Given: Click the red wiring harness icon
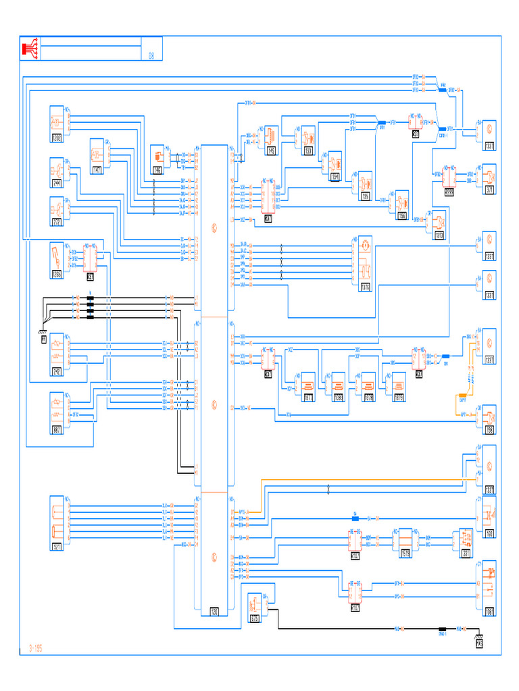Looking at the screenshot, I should pyautogui.click(x=30, y=48).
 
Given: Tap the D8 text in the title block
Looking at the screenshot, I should pyautogui.click(x=151, y=56).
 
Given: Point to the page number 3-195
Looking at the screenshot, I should pyautogui.click(x=35, y=648).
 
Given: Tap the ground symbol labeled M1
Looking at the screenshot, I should pyautogui.click(x=44, y=339).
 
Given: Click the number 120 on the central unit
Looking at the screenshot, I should pyautogui.click(x=214, y=612).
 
